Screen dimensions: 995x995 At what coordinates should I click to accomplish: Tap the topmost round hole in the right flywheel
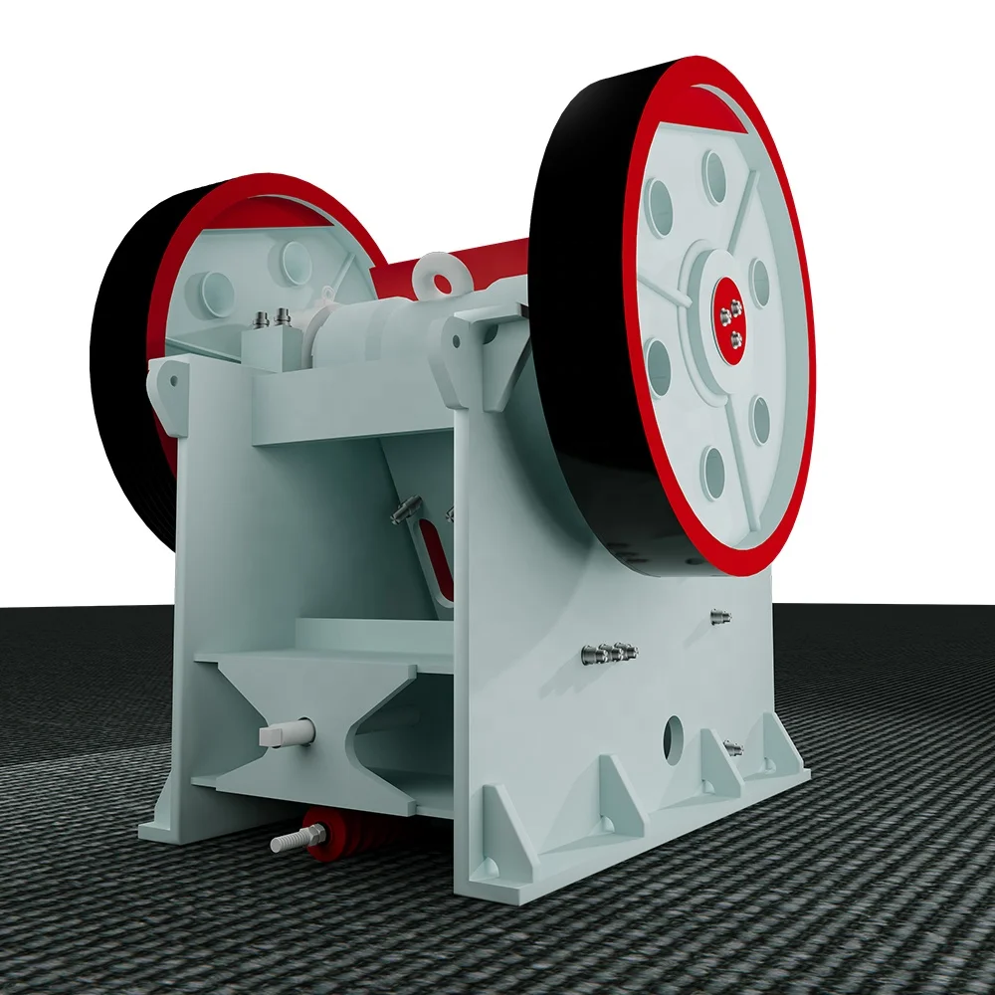(x=714, y=176)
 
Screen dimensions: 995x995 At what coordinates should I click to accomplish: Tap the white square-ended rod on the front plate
(x=285, y=734)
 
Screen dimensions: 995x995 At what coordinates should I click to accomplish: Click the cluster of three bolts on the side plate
(x=609, y=653)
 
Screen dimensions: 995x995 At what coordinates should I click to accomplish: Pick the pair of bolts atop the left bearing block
(x=272, y=318)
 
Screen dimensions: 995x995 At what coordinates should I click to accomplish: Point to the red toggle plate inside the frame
(x=435, y=557)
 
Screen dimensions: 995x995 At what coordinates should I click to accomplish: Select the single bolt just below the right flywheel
(x=720, y=617)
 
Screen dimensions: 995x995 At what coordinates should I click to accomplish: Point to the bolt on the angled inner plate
(x=402, y=511)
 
